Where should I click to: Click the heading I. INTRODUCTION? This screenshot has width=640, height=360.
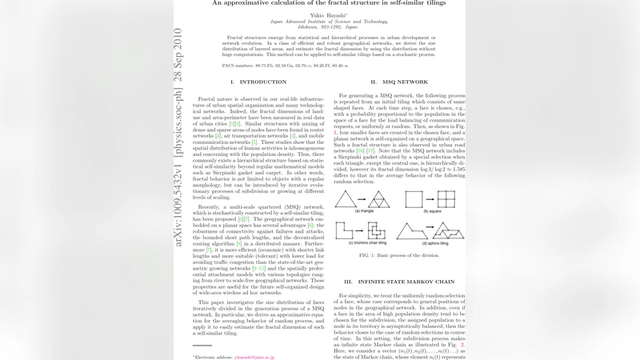coord(258,82)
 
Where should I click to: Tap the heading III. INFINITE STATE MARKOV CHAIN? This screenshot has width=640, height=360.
coord(400,282)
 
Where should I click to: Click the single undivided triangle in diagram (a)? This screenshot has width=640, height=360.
coord(346,199)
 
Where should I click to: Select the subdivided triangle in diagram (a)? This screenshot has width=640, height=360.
coord(378,199)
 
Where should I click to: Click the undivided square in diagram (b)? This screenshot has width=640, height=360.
coord(414,198)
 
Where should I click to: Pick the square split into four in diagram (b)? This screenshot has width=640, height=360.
coord(446,198)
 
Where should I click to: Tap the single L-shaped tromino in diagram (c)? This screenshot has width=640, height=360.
coord(345,231)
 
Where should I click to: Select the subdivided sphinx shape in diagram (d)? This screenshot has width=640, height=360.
coord(448,231)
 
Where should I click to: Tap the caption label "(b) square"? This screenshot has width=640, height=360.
coord(428,211)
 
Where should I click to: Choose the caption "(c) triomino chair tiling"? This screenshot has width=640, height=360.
coord(362,243)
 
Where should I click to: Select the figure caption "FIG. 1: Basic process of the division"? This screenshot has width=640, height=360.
coord(399,255)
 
